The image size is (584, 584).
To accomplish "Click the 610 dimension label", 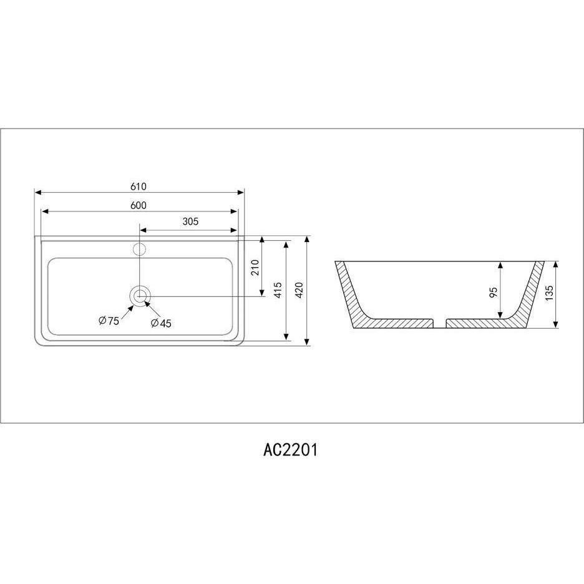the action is (139, 186).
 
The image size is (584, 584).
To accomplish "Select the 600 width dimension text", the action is (139, 205).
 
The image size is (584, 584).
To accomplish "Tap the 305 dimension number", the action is (190, 221).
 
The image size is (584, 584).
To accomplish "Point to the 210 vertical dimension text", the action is (255, 268).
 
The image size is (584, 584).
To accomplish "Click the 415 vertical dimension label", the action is (278, 290).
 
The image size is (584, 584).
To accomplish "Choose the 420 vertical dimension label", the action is (299, 290).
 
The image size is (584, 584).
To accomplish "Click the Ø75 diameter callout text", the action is (109, 321).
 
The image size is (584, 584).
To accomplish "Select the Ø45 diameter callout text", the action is (161, 323).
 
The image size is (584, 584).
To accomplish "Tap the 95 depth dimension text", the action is (494, 292).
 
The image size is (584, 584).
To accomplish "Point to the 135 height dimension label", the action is (548, 293).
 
